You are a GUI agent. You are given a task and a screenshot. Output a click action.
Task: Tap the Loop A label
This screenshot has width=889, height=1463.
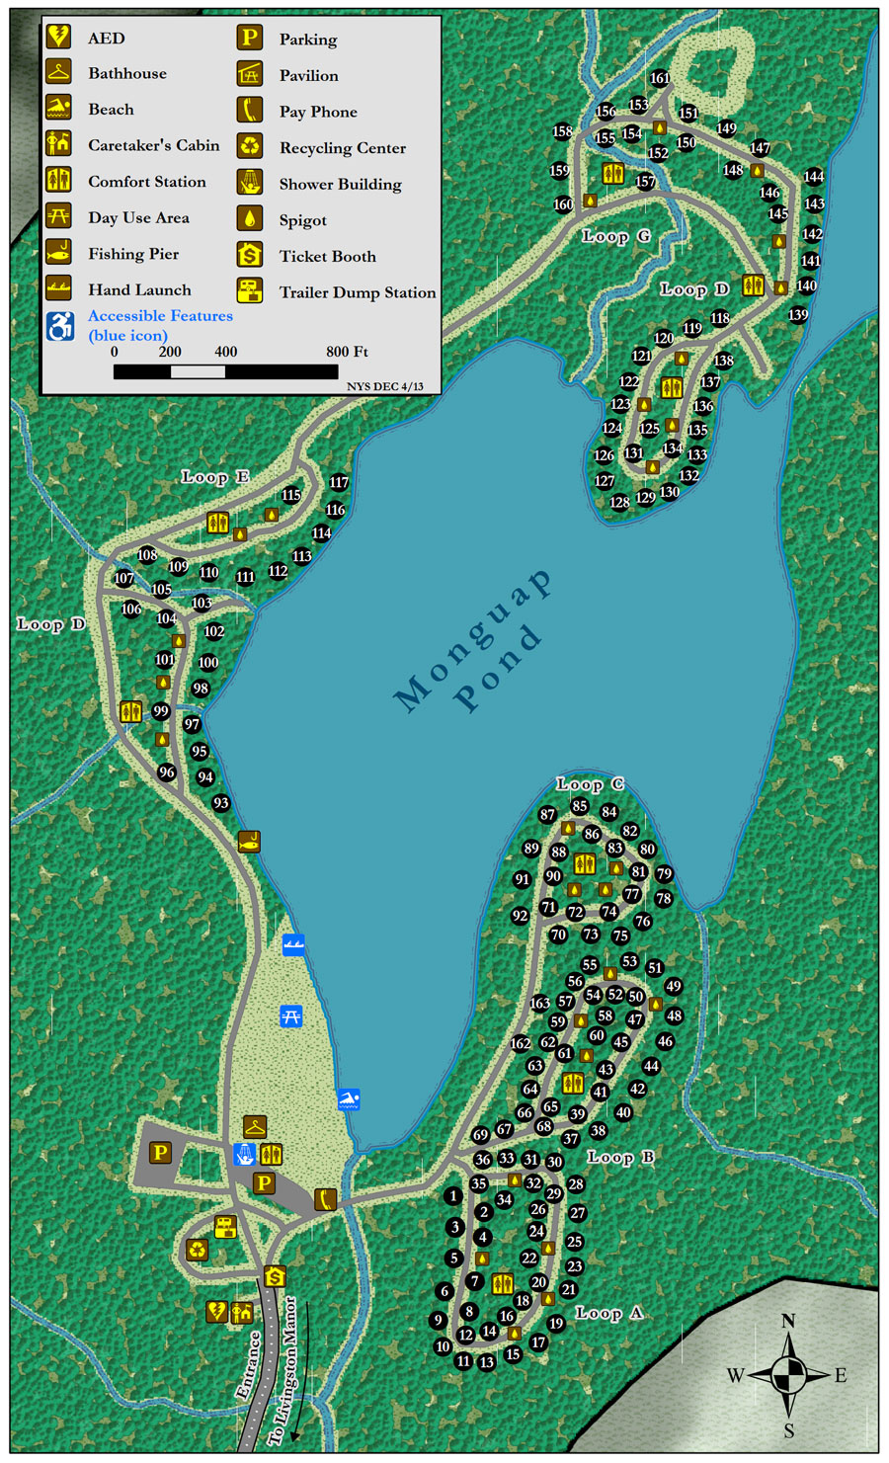click(608, 1313)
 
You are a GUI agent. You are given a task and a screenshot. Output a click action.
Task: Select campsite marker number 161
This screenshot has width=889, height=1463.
click(660, 78)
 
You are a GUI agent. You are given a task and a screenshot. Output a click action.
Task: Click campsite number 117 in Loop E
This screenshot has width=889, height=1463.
click(339, 483)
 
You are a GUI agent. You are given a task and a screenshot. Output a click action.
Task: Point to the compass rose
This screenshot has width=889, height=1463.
click(788, 1374)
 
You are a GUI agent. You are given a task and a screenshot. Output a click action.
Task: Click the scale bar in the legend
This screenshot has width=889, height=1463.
click(225, 371)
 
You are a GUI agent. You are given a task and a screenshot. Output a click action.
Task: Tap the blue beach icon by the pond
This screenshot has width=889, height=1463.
click(348, 1098)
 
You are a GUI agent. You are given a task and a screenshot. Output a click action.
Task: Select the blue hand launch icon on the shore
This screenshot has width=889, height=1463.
click(292, 944)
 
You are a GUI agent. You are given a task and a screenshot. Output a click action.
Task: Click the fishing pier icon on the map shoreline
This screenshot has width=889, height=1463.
click(250, 842)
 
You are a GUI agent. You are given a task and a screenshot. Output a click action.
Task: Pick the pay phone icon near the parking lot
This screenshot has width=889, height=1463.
click(325, 1198)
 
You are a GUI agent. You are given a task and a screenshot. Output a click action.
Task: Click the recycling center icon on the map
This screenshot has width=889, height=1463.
click(198, 1250)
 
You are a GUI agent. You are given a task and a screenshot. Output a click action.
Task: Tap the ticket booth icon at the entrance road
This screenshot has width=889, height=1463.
click(275, 1276)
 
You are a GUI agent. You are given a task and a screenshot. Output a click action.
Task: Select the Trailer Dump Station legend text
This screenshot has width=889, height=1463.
click(357, 292)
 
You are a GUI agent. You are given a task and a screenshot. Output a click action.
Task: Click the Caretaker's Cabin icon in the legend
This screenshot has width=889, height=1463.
click(58, 144)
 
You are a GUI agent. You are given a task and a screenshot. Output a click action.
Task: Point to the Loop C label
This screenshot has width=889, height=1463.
click(590, 784)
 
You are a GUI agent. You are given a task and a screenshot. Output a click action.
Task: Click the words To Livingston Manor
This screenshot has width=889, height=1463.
click(284, 1373)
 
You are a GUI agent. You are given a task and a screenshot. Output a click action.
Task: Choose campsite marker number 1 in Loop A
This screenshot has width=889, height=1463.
click(453, 1195)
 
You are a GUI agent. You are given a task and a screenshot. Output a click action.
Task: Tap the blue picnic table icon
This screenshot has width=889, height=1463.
click(290, 1016)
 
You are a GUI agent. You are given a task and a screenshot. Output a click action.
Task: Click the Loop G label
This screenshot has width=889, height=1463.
click(616, 236)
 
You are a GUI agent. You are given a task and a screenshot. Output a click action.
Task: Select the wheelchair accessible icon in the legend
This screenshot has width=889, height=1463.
click(60, 325)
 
